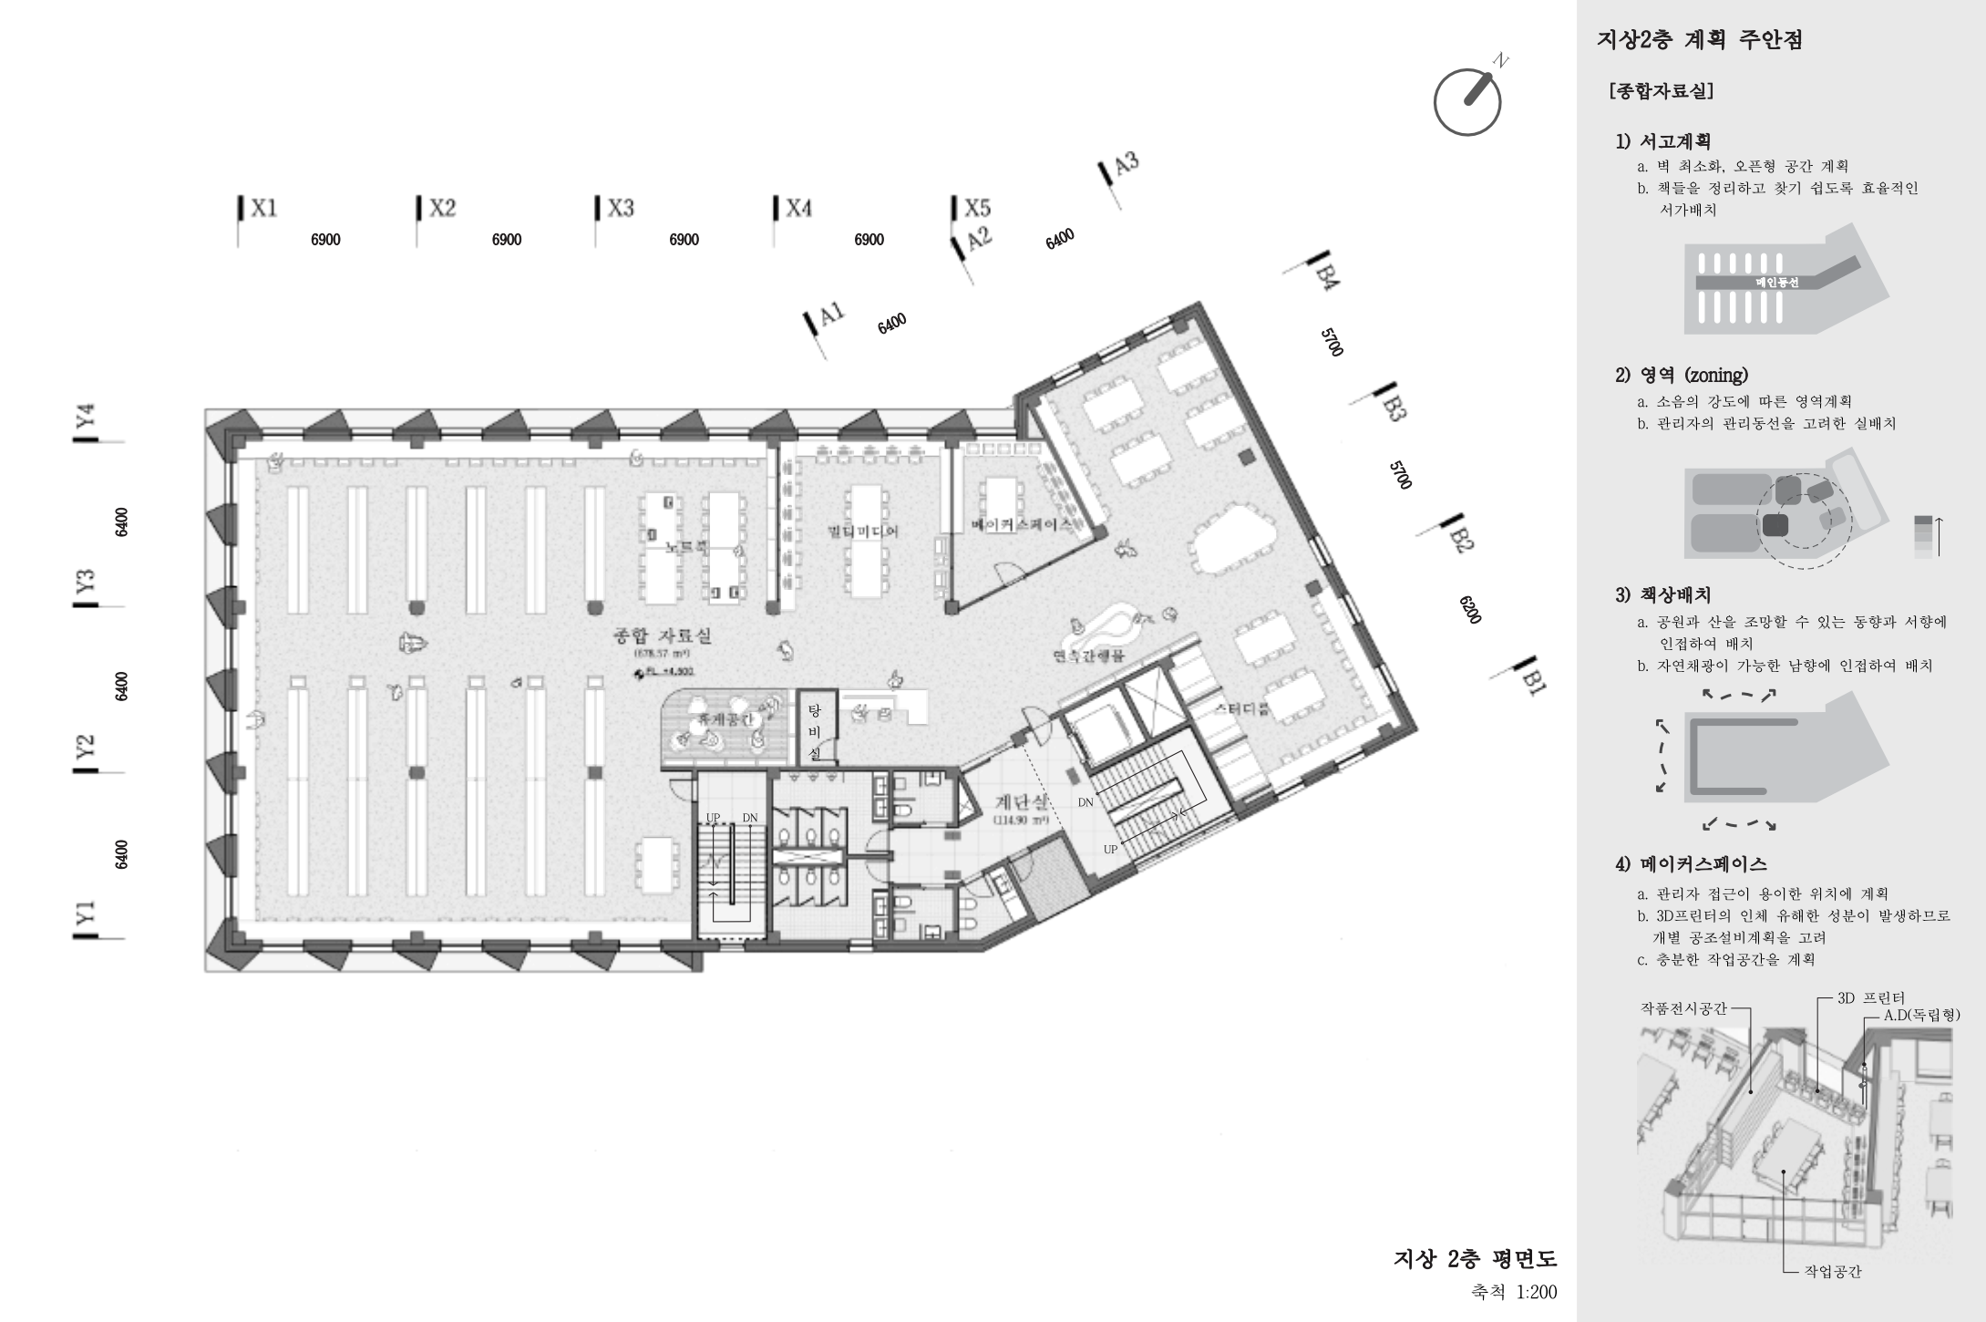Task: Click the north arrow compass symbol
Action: pos(1467,100)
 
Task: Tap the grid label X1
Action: pos(262,208)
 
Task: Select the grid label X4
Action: pos(798,208)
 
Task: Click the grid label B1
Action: pos(1532,681)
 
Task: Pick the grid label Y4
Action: pos(86,416)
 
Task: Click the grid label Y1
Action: pos(86,913)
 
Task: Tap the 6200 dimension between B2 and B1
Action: pos(1469,609)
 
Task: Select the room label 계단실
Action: pos(1021,802)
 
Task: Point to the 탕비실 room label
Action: pos(815,732)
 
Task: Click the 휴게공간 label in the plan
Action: pos(725,720)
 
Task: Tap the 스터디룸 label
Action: pos(1241,708)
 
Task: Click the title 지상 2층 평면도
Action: pos(1475,1258)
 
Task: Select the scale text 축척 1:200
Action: pos(1514,1292)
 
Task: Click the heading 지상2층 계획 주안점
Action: pos(1700,40)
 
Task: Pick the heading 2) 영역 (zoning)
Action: pos(1682,375)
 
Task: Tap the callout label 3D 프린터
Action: pos(1870,997)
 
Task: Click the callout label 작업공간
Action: pos(1833,1271)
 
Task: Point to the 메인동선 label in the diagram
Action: pos(1777,283)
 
